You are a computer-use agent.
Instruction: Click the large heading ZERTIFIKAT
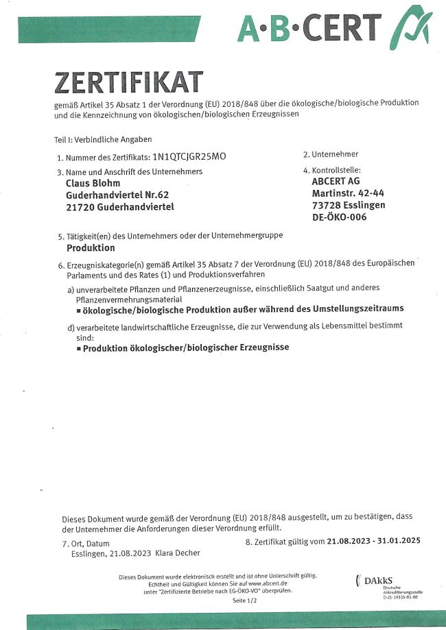tap(128, 82)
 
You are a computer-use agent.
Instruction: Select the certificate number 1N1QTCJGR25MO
tap(189, 156)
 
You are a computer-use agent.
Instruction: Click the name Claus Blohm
tap(93, 183)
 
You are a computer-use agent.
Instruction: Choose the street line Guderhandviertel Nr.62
tap(113, 195)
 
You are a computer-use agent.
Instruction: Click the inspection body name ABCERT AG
tap(336, 182)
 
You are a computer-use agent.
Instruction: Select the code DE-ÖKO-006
tap(339, 217)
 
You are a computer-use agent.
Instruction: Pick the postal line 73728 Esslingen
tap(348, 205)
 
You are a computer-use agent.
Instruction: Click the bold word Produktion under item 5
tap(90, 247)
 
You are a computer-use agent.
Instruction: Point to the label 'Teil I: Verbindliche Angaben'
tap(103, 139)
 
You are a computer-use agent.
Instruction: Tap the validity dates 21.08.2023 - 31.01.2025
tap(374, 540)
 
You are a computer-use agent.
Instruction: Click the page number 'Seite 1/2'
tap(244, 601)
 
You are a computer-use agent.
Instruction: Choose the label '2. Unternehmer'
tap(331, 154)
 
